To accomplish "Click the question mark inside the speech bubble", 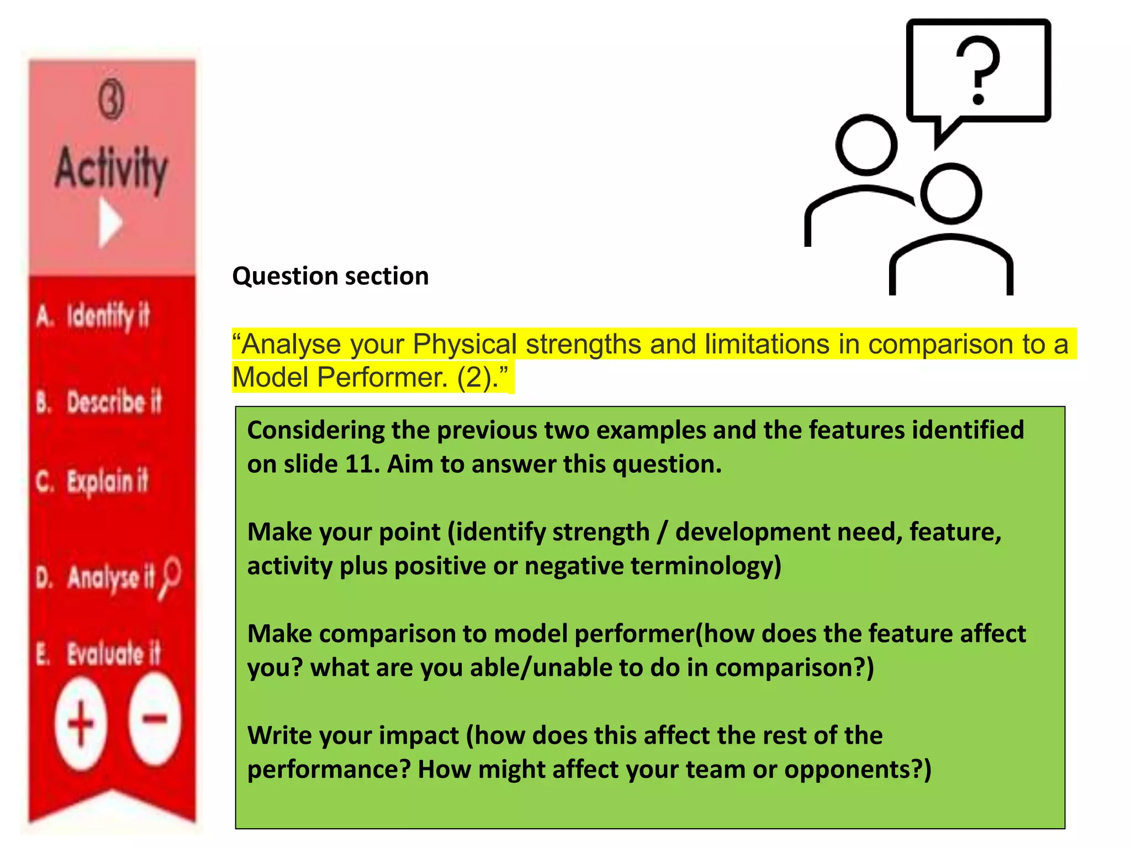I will click(x=978, y=70).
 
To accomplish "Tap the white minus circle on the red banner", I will click(x=155, y=719).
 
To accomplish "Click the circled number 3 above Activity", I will click(x=112, y=100).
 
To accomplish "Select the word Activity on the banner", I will click(x=112, y=167).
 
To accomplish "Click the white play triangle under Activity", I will click(x=110, y=223).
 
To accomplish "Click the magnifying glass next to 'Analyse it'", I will click(x=170, y=577).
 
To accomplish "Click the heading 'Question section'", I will click(x=330, y=276).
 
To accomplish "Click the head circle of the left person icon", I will click(x=866, y=145).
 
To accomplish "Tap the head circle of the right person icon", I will click(x=951, y=193).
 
